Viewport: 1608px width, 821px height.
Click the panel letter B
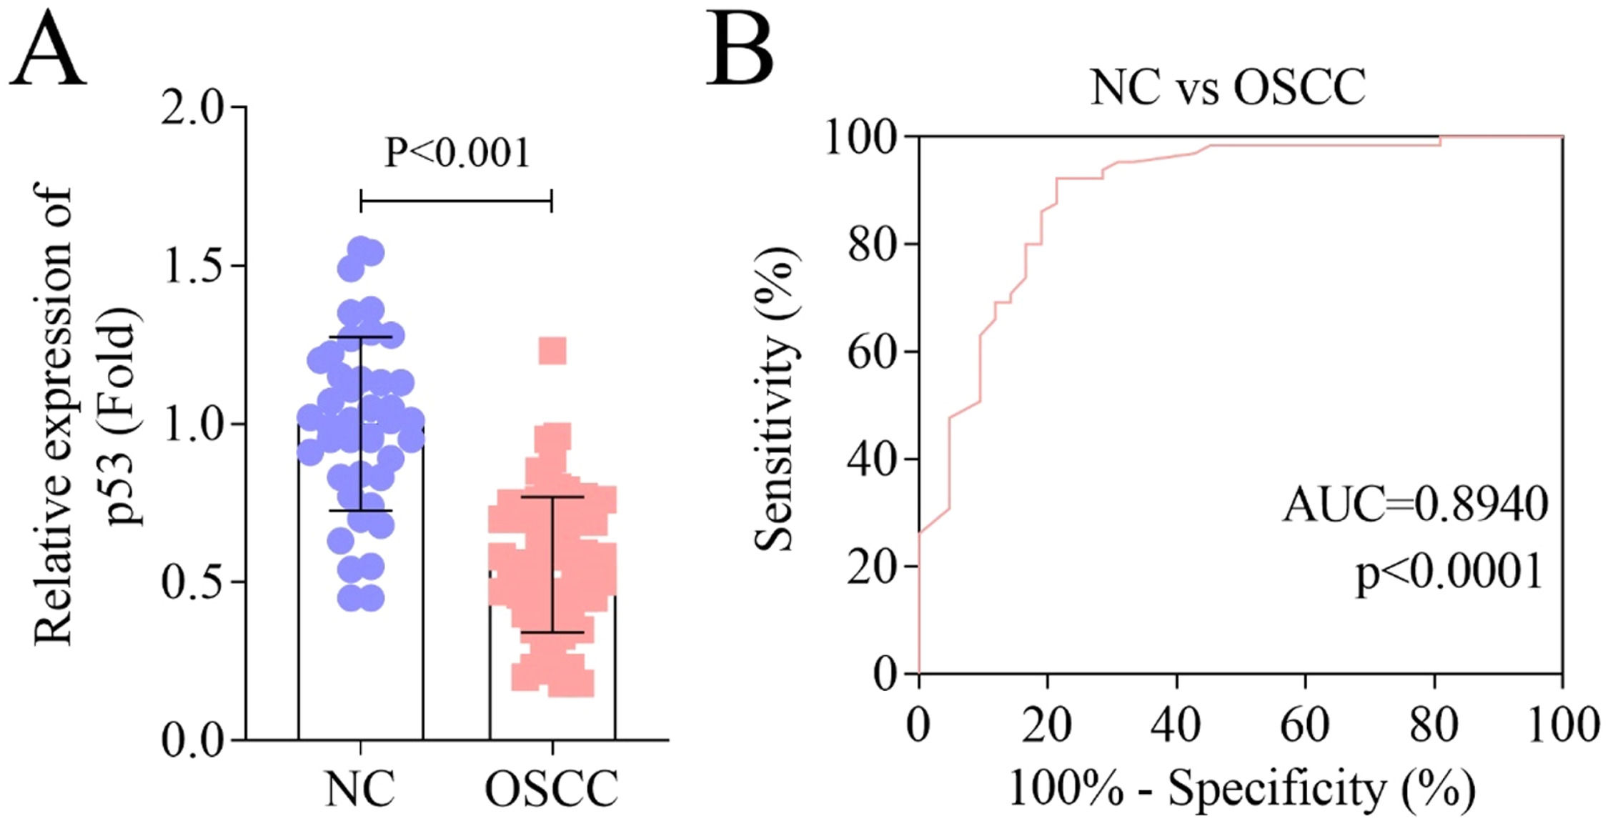tap(740, 50)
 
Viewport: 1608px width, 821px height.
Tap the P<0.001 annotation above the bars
tap(457, 152)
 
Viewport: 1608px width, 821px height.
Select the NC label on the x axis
tap(360, 789)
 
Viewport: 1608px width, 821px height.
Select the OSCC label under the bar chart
tap(552, 789)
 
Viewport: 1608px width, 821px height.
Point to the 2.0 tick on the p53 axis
tap(192, 108)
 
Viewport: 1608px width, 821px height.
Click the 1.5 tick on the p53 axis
tap(192, 266)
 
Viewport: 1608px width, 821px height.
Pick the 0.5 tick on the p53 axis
tap(192, 582)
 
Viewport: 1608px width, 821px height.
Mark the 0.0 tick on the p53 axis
tap(192, 740)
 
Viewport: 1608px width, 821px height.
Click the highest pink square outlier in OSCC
tap(552, 351)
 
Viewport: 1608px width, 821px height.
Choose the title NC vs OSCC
tap(1228, 88)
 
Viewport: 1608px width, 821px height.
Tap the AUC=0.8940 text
tap(1415, 504)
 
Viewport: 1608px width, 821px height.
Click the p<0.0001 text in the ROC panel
tap(1449, 572)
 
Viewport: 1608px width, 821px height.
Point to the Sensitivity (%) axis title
tap(775, 399)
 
